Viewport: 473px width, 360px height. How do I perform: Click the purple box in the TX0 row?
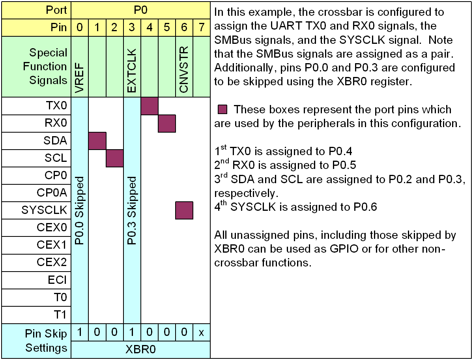pos(150,106)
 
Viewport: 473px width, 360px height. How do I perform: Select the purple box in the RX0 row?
pos(167,123)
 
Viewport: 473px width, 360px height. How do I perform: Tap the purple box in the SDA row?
pos(97,141)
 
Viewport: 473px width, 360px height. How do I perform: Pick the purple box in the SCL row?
pos(115,158)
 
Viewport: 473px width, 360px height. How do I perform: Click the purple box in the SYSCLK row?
pos(184,210)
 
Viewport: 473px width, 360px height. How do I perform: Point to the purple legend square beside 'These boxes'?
pos(223,109)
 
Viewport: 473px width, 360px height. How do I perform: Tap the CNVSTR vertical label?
pos(184,70)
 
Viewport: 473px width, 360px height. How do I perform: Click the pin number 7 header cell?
pos(202,28)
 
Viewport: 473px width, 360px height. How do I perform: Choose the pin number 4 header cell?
pos(150,28)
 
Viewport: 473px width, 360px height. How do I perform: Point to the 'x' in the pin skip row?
pos(202,333)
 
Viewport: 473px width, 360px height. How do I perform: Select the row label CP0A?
pos(52,193)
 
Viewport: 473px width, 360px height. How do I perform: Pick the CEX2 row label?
pos(52,262)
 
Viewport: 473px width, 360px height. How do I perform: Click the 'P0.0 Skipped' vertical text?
pos(80,210)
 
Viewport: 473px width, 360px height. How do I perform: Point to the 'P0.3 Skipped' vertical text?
pos(132,210)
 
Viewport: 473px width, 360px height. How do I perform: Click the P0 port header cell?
pos(140,10)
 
